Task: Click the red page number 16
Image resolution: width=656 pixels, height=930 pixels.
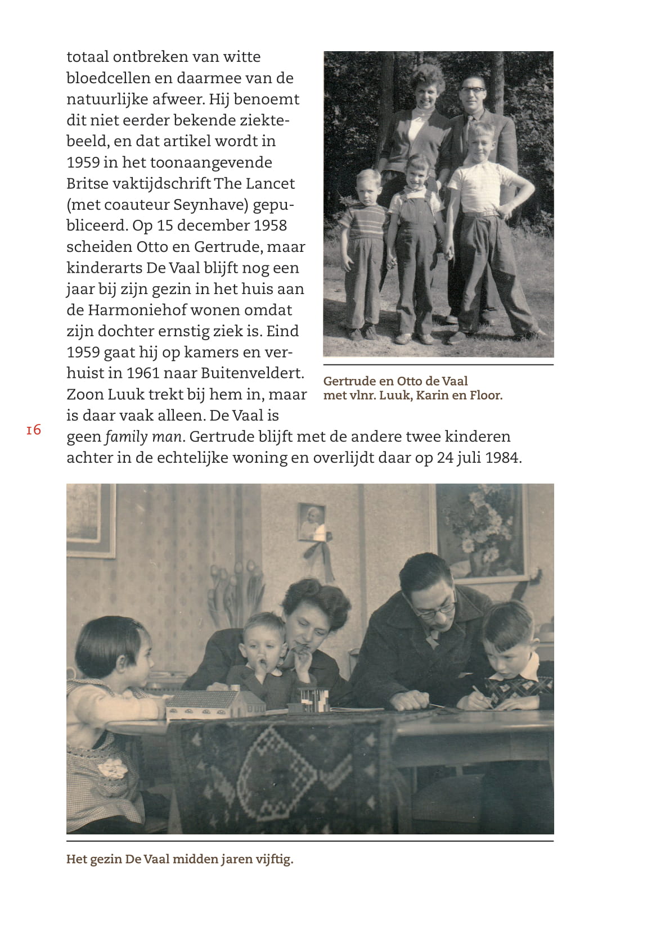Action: point(33,430)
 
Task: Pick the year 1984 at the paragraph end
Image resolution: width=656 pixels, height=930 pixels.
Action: point(502,458)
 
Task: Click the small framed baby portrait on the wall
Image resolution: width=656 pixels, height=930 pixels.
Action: point(311,522)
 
